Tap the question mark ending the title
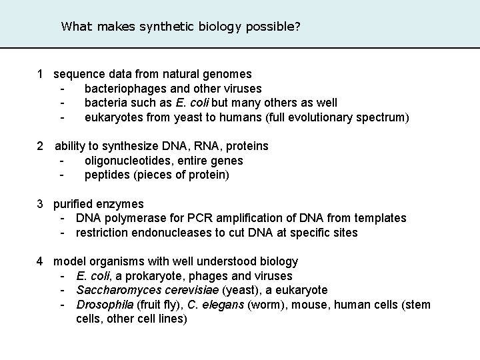(297, 27)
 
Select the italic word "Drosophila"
(103, 305)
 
